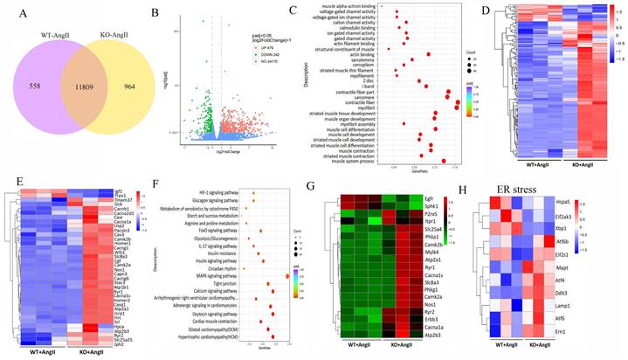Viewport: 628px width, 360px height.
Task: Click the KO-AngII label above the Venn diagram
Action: (127, 35)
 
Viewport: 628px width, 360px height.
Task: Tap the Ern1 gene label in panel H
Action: (572, 331)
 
